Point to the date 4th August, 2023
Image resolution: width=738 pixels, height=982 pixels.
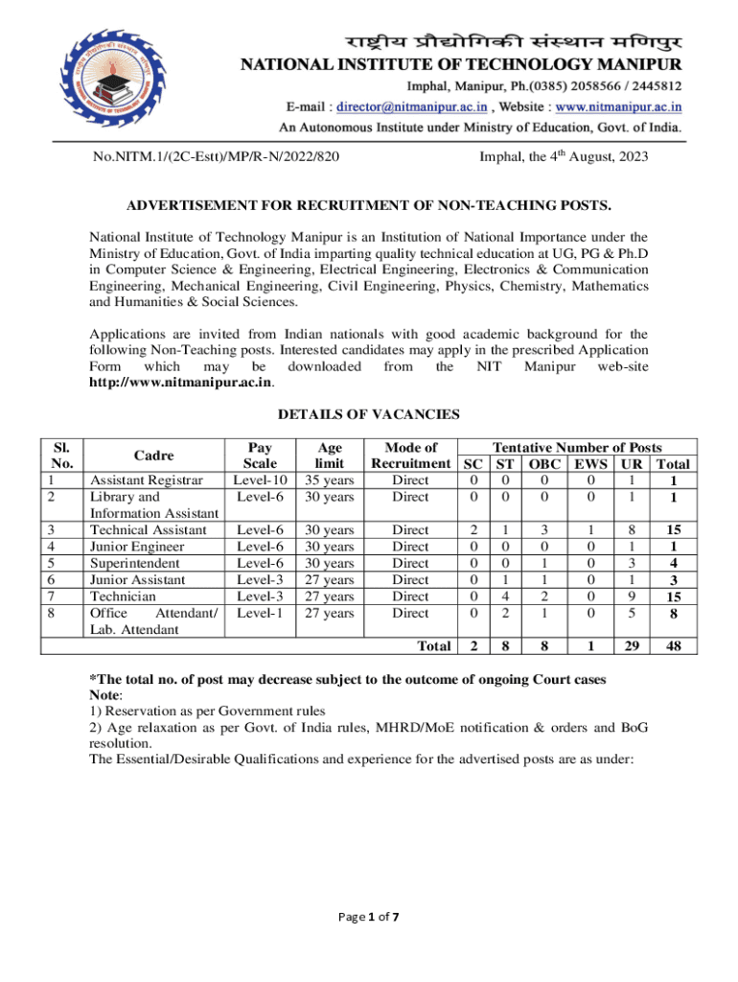coord(564,155)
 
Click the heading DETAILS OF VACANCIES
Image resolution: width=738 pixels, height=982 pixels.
coord(368,415)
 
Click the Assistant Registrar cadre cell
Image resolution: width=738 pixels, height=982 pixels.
coord(146,480)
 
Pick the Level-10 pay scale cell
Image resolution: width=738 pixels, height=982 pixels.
coord(260,480)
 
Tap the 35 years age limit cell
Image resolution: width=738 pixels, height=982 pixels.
coord(329,480)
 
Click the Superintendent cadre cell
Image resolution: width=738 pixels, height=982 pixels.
coord(140,563)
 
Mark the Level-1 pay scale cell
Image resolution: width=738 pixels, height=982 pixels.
coord(260,612)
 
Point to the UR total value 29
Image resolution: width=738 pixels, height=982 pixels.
coord(631,646)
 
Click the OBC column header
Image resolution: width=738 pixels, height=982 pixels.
coord(542,464)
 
